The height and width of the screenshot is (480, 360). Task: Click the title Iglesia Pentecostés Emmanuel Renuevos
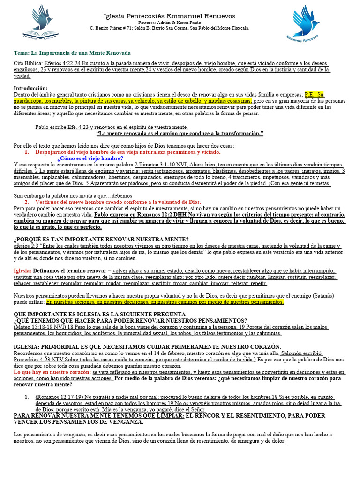[x=169, y=16]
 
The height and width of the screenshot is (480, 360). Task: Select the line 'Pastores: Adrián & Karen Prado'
[x=169, y=22]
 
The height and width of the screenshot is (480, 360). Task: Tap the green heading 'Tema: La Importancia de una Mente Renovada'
[x=72, y=53]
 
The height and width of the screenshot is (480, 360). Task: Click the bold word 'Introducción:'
[x=31, y=88]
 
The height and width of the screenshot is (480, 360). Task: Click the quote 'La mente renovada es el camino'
[x=180, y=134]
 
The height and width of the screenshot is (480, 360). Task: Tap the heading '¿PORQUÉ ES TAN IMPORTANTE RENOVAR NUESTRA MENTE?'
[x=101, y=240]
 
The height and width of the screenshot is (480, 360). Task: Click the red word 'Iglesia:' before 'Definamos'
[x=22, y=271]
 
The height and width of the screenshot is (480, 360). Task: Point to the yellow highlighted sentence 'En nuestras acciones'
[x=165, y=302]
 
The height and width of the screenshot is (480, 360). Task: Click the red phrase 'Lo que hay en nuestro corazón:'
[x=52, y=372]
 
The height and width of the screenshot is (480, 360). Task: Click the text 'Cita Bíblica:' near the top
[x=28, y=63]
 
